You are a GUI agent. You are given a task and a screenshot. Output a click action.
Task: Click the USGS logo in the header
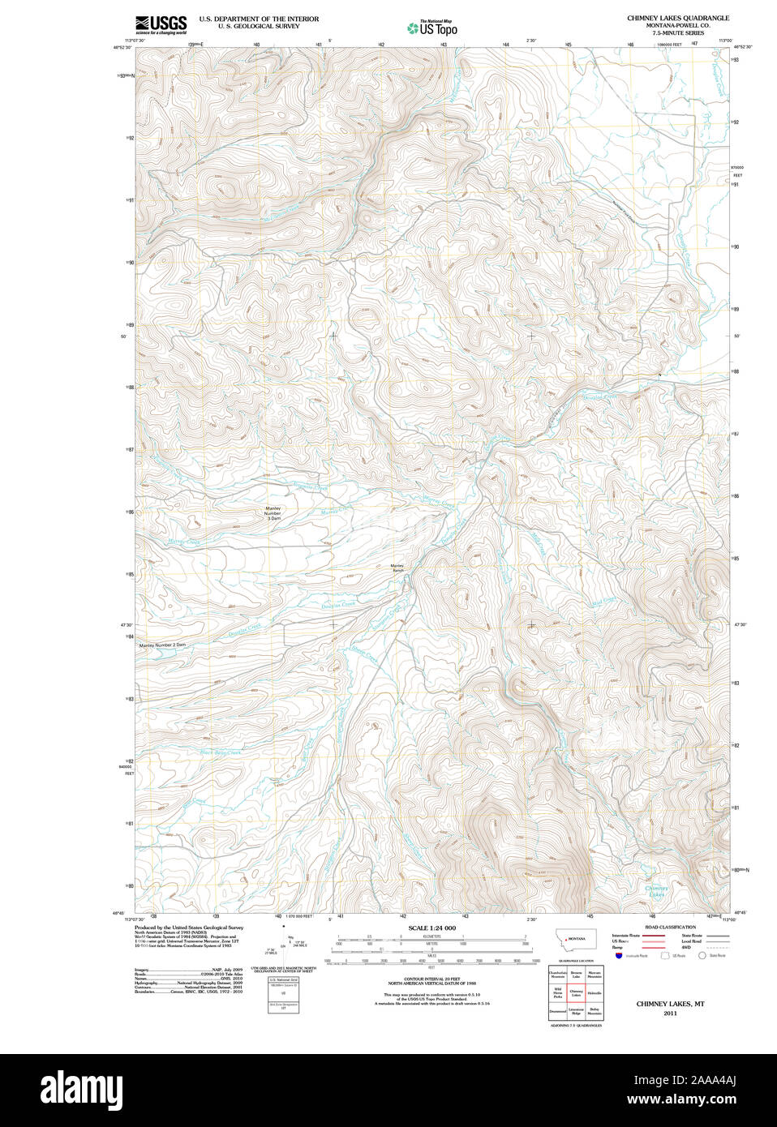(x=161, y=24)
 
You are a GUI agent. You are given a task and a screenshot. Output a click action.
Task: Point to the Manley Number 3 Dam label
(x=273, y=512)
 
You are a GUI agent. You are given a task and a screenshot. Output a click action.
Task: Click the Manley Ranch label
(x=397, y=568)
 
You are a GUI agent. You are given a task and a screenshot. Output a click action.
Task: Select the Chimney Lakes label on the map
(x=656, y=891)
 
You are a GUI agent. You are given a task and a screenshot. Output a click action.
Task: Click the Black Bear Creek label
(x=221, y=753)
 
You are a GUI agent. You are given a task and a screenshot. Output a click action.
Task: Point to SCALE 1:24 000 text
(x=431, y=928)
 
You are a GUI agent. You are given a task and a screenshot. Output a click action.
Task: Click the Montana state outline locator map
(x=575, y=939)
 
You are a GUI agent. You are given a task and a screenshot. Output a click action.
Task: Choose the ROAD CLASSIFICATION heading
(x=670, y=927)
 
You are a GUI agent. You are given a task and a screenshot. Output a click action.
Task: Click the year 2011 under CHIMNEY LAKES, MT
(x=670, y=1013)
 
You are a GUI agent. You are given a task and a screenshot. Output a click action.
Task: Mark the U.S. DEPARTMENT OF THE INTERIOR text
(x=259, y=19)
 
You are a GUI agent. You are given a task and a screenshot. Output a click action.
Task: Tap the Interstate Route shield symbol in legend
(x=619, y=956)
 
